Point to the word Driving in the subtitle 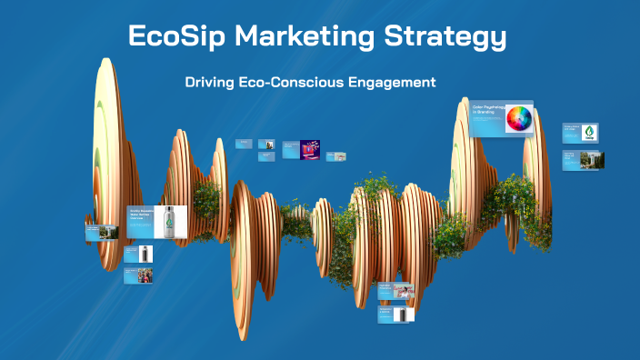point(210,82)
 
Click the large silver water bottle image point(169,221)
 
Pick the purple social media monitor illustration point(310,148)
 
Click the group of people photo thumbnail point(144,275)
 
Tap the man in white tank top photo point(404,291)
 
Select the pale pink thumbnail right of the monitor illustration point(335,152)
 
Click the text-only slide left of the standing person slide point(244,143)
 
